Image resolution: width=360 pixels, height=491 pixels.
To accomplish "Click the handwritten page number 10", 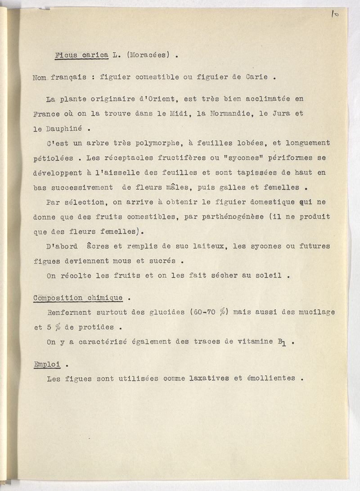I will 335,14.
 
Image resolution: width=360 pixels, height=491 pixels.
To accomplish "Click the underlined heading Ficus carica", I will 81,55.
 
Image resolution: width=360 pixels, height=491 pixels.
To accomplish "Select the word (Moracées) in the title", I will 148,55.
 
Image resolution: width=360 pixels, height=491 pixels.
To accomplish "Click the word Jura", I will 281,114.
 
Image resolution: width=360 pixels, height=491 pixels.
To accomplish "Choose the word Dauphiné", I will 63,128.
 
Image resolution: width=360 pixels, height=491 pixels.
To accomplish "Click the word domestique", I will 263,202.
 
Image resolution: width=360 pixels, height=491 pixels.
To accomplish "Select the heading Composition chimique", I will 78,297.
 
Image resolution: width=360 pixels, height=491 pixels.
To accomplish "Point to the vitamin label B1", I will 282,342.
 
